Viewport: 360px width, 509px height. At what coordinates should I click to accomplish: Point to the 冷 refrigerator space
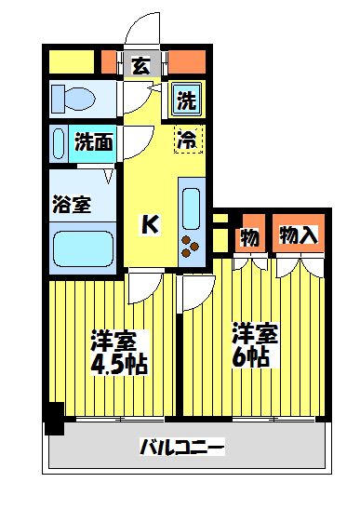[187, 141]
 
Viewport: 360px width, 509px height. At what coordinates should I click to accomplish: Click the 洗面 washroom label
[94, 144]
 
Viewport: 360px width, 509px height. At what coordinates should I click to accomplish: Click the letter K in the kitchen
[149, 223]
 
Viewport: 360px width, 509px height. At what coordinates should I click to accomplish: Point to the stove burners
[192, 247]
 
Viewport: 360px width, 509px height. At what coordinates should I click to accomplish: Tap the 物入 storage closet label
[298, 235]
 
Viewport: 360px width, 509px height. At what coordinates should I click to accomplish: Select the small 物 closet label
[249, 236]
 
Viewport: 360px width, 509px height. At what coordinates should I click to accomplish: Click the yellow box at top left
[71, 63]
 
